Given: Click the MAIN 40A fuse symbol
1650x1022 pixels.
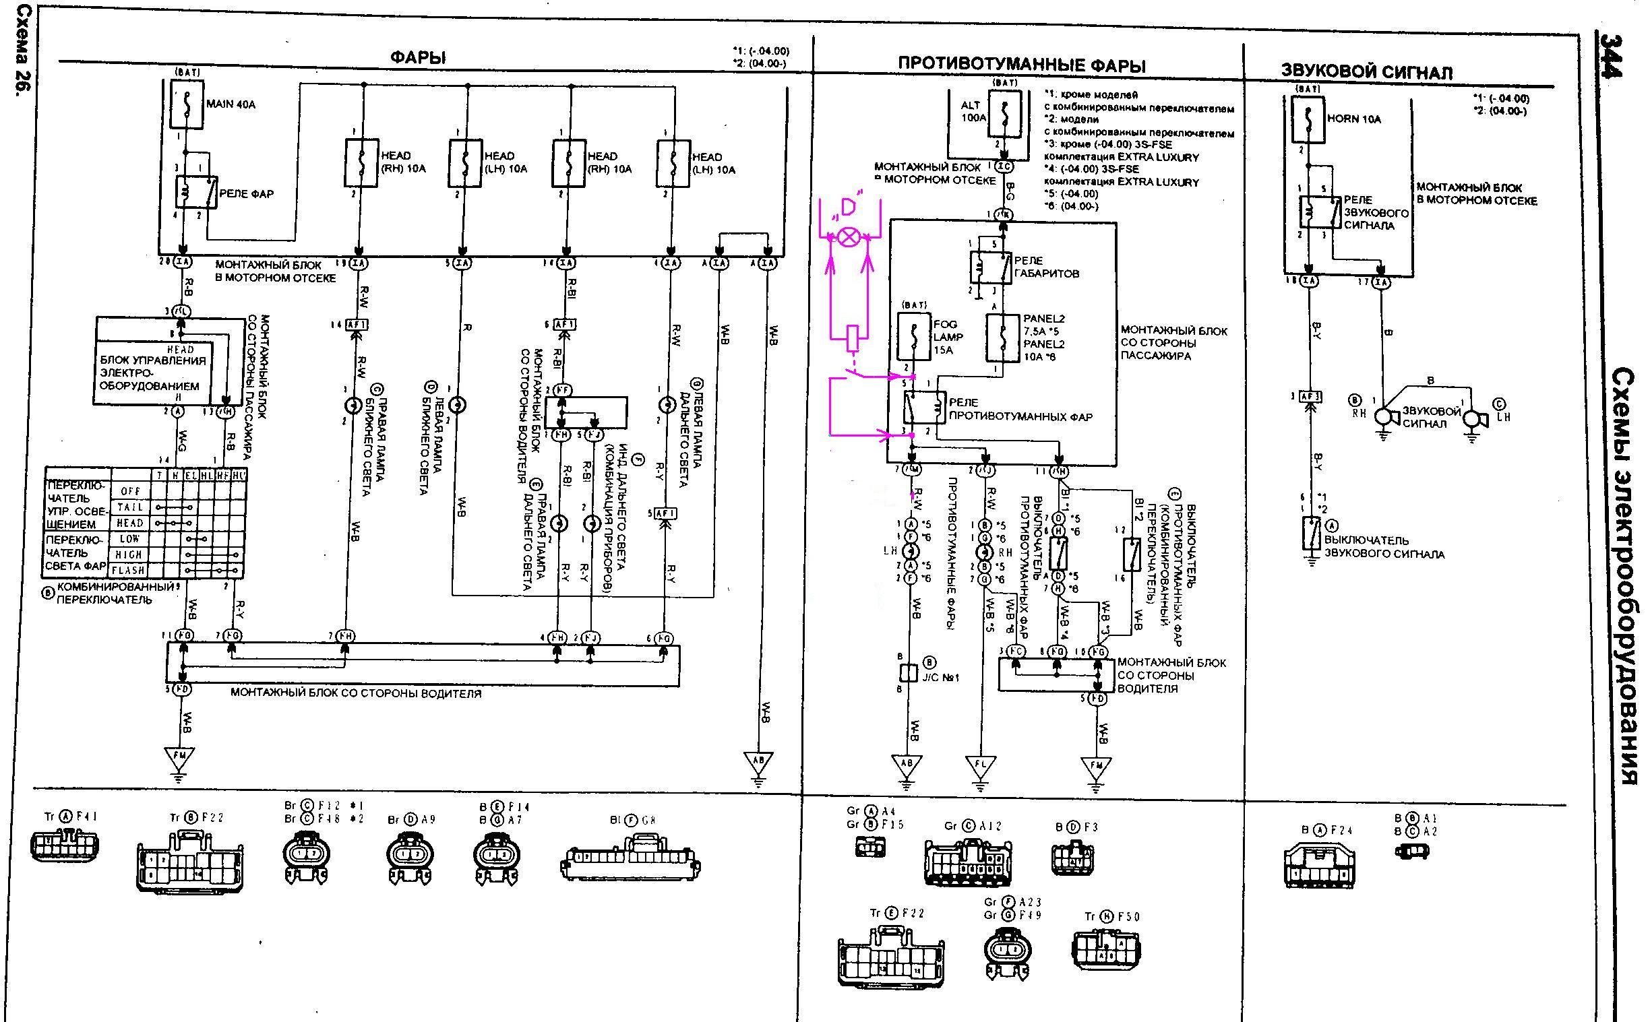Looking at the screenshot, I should (185, 104).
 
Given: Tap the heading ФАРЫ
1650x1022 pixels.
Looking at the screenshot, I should (418, 58).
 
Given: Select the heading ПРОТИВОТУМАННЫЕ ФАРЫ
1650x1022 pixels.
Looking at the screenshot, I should (1021, 65).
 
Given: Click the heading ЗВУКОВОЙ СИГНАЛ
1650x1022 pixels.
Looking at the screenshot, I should (1366, 72).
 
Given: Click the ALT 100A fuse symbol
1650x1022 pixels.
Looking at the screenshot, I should (1005, 117).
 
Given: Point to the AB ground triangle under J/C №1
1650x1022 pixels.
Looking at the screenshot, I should (907, 765).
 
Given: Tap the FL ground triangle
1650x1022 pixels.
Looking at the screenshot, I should (981, 766).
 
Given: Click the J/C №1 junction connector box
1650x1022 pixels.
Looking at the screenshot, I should (908, 672).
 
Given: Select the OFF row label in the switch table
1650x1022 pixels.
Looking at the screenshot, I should (131, 491).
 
